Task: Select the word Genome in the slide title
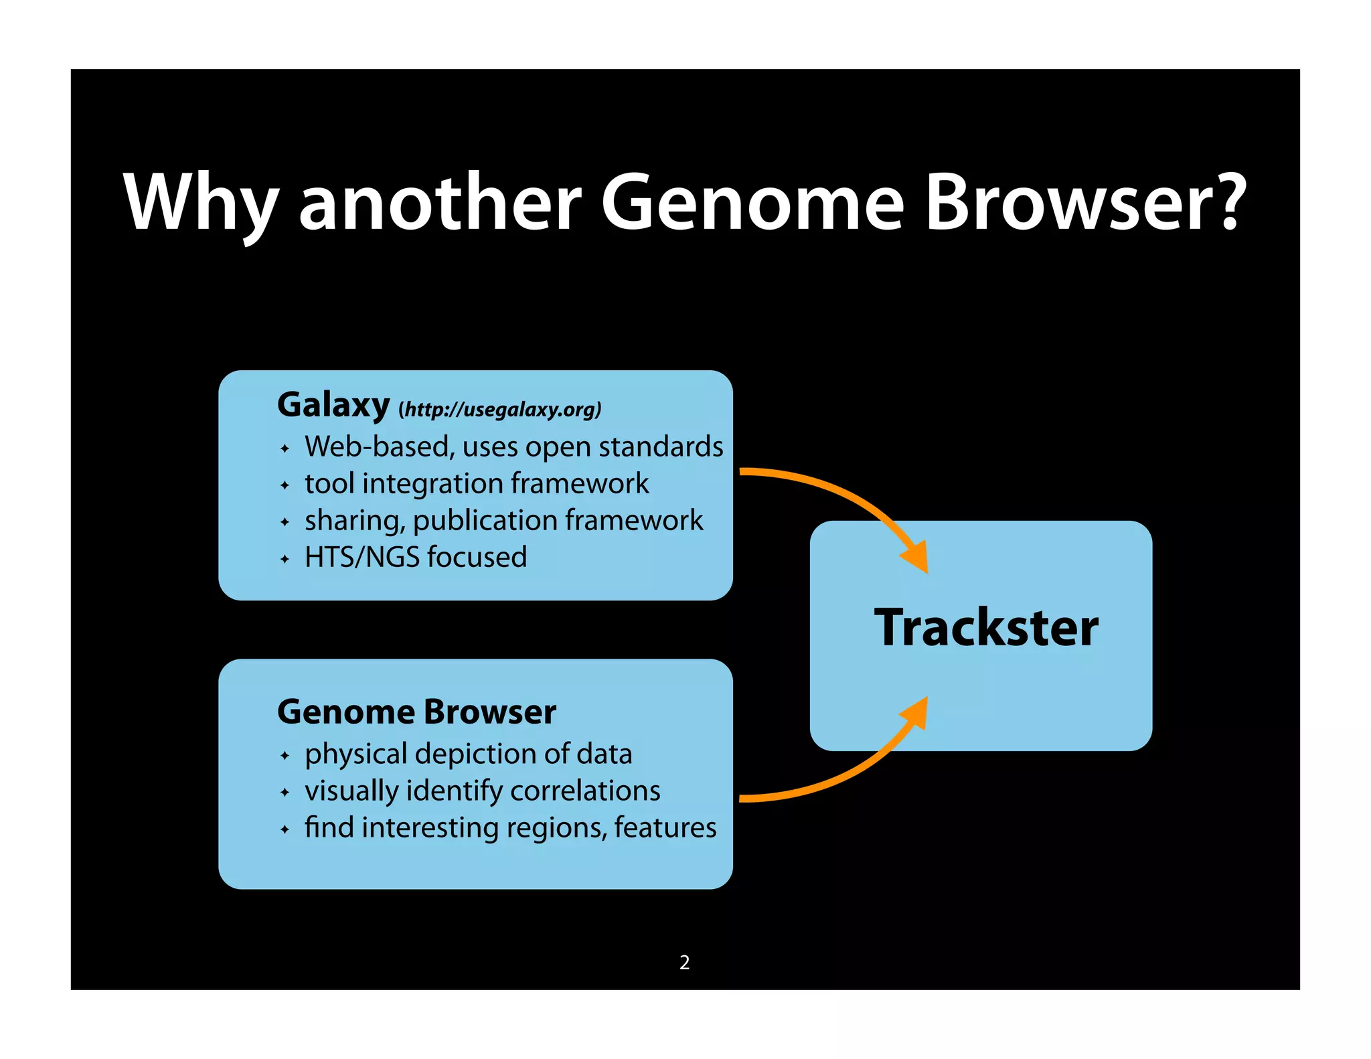pyautogui.click(x=752, y=203)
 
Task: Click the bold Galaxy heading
pyautogui.click(x=333, y=406)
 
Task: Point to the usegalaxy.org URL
pyautogui.click(x=500, y=409)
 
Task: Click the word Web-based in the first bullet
pyautogui.click(x=379, y=446)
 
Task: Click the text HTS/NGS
pyautogui.click(x=361, y=557)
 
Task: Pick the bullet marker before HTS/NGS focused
pyautogui.click(x=285, y=559)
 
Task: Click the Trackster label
pyautogui.click(x=986, y=628)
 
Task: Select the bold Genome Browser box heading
pyautogui.click(x=416, y=712)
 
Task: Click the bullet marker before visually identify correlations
pyautogui.click(x=285, y=793)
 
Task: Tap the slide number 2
pyautogui.click(x=684, y=963)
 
